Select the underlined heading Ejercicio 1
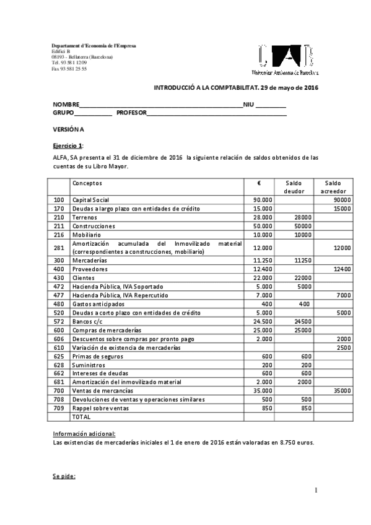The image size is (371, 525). (67, 145)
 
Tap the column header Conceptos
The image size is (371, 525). (87, 183)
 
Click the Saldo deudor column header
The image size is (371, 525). (294, 187)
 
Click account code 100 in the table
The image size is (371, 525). (59, 200)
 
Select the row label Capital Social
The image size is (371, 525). (91, 200)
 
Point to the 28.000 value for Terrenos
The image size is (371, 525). (263, 217)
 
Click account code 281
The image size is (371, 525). (59, 248)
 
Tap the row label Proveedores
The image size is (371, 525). (90, 269)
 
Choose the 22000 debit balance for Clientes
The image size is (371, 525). (302, 278)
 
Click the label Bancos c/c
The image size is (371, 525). (89, 322)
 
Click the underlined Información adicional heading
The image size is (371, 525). (84, 434)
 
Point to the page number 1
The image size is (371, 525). (316, 490)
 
